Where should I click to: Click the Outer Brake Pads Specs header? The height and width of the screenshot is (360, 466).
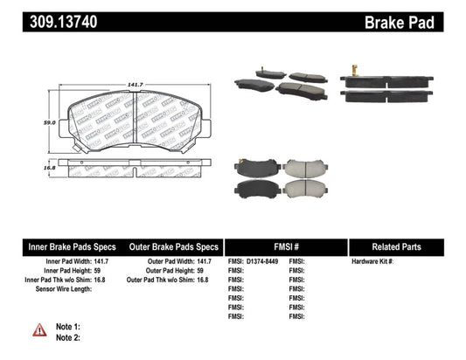pyautogui.click(x=173, y=246)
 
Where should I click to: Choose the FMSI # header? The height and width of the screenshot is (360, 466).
pyautogui.click(x=286, y=246)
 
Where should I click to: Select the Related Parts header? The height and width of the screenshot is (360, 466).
pyautogui.click(x=407, y=246)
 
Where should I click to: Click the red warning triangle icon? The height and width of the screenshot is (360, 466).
pyautogui.click(x=40, y=329)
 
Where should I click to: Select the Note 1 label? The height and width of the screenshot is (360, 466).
pyautogui.click(x=69, y=326)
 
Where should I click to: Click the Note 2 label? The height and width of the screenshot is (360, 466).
pyautogui.click(x=69, y=337)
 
